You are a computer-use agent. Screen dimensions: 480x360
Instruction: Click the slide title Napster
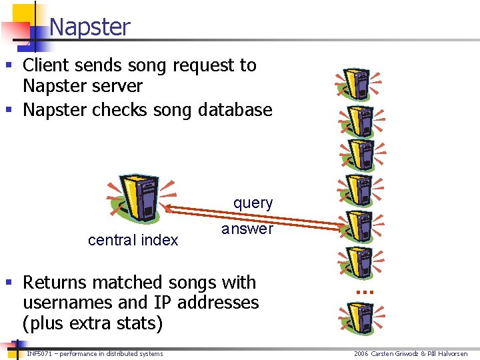pyautogui.click(x=89, y=27)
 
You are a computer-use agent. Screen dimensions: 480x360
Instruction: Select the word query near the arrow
pyautogui.click(x=253, y=203)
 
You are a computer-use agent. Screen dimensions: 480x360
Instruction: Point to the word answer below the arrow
pyautogui.click(x=247, y=229)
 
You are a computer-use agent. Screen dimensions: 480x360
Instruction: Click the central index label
pyautogui.click(x=133, y=240)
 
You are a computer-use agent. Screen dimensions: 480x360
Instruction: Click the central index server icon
pyautogui.click(x=138, y=198)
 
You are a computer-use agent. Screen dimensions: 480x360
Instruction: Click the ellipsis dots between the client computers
pyautogui.click(x=363, y=291)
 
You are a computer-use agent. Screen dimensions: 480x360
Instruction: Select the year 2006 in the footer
pyautogui.click(x=361, y=353)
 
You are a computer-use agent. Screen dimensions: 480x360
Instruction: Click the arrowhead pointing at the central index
pyautogui.click(x=167, y=209)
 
